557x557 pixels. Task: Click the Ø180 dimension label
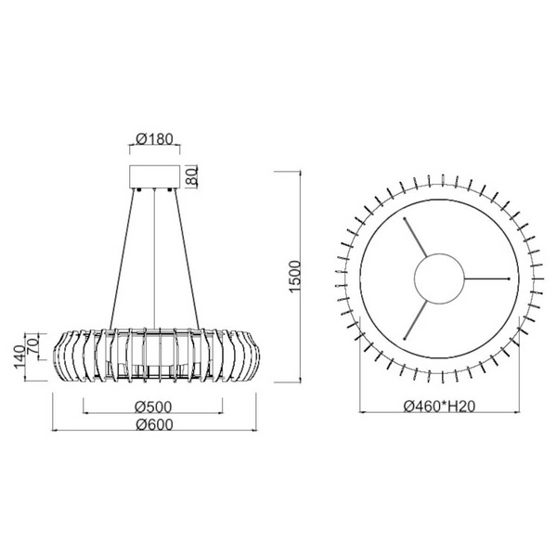pyautogui.click(x=152, y=139)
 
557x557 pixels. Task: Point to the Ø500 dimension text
pyautogui.click(x=152, y=406)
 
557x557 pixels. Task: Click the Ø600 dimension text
pyautogui.click(x=152, y=424)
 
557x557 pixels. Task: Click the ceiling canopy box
pyautogui.click(x=152, y=177)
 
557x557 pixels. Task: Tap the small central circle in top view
pyautogui.click(x=438, y=278)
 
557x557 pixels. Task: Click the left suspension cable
pyautogui.click(x=126, y=260)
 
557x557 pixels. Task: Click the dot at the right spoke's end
pyautogui.click(x=510, y=278)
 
